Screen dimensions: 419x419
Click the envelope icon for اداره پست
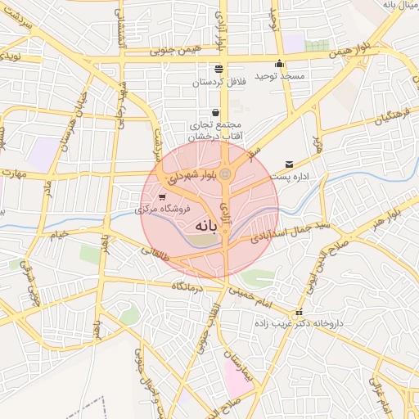point(288,165)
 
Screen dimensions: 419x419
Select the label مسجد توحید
point(278,76)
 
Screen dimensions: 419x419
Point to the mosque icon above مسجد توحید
point(280,64)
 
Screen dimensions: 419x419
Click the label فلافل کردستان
point(220,83)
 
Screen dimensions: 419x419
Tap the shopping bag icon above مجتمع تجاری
point(215,113)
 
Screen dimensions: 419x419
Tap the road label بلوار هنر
point(386,216)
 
